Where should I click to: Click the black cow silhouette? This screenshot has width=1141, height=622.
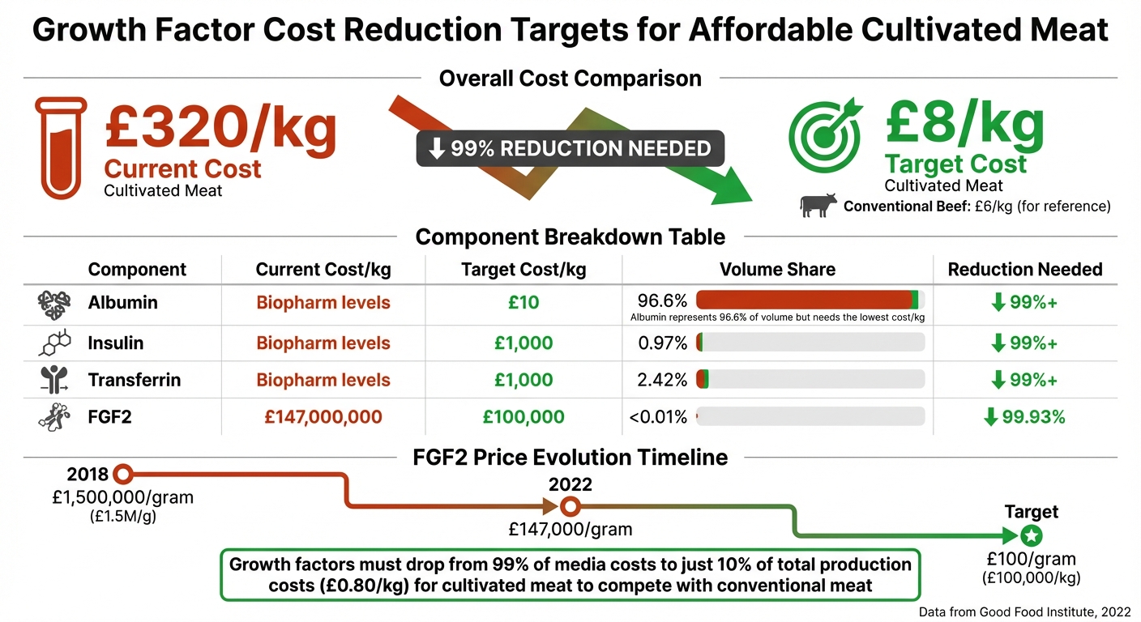[817, 206]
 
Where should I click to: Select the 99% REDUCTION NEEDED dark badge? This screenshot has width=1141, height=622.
[570, 149]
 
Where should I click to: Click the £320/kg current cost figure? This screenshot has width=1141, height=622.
[220, 128]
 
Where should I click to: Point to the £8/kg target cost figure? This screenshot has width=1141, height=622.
[964, 122]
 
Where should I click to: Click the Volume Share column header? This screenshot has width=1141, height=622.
[777, 269]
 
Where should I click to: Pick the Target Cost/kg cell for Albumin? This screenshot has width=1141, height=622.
[523, 303]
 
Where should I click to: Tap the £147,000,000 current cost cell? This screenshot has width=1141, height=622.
[323, 417]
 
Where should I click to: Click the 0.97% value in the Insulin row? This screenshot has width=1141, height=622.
[662, 343]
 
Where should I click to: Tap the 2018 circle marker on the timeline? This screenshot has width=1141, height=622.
[122, 474]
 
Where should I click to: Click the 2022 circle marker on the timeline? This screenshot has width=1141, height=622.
[570, 507]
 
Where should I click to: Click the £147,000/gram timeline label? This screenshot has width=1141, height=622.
[570, 529]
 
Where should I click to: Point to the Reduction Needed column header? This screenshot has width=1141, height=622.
[1024, 269]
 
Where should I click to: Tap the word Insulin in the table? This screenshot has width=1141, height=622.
[115, 343]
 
